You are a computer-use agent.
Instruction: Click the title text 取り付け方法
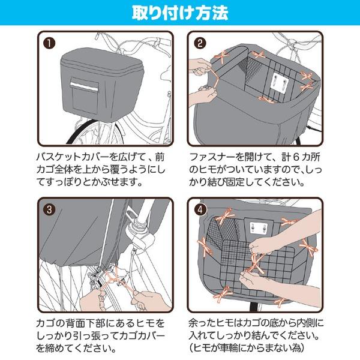[180, 13]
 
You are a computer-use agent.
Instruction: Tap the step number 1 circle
[50, 43]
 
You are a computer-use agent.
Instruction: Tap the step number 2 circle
[200, 43]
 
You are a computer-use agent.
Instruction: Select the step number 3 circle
[49, 209]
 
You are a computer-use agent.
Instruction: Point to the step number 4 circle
[200, 209]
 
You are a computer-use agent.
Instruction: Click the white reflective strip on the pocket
[84, 85]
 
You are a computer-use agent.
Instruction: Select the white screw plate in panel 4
[258, 227]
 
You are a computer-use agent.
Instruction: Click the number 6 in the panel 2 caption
[296, 157]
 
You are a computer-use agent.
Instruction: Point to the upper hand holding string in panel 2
[200, 67]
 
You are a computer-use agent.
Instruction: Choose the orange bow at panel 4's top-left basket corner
[226, 216]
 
